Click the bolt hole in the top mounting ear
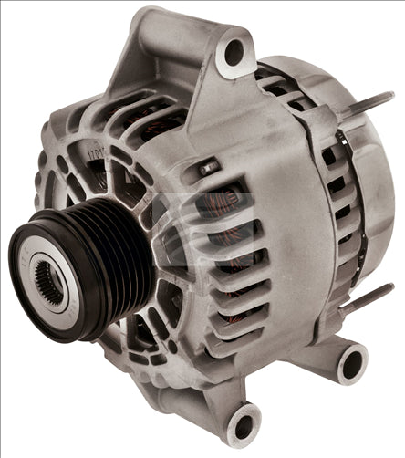pos(235,52)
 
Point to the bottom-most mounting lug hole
pos(244,426)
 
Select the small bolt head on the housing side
pos(209,167)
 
